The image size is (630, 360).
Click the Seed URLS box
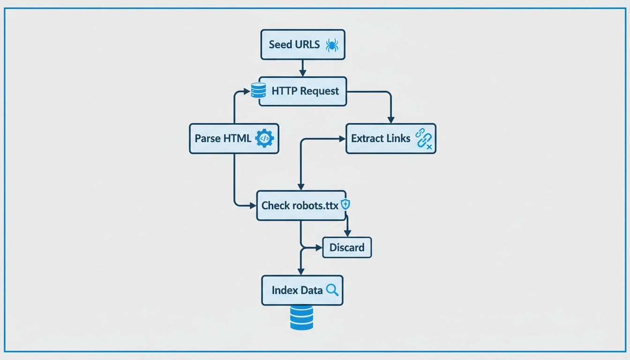tap(302, 45)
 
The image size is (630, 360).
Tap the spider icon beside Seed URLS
tap(332, 45)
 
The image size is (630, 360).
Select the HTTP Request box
tap(302, 91)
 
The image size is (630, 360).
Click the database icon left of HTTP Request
tap(258, 90)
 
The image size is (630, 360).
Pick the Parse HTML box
tap(233, 138)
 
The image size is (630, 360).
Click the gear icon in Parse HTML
tap(264, 138)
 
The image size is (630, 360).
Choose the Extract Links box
tap(390, 138)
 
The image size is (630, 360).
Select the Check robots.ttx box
tap(301, 205)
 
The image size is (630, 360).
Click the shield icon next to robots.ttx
tap(345, 204)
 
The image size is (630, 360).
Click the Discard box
tap(347, 247)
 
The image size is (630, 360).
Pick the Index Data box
tap(302, 290)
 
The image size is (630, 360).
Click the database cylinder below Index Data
tap(301, 317)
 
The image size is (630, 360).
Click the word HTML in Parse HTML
tap(237, 138)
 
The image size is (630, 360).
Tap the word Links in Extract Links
tap(399, 138)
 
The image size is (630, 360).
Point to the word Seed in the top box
tap(280, 45)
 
